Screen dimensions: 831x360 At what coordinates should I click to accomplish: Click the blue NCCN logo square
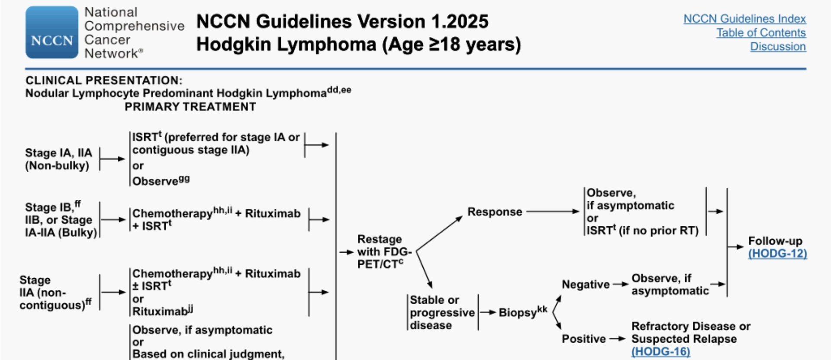point(52,32)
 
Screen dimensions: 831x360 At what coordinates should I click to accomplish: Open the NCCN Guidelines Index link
point(744,19)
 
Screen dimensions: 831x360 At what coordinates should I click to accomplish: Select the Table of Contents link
point(761,33)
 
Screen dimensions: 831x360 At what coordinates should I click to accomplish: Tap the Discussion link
point(778,47)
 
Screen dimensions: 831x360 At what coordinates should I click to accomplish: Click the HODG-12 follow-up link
point(777,254)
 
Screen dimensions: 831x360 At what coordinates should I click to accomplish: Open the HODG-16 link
point(660,351)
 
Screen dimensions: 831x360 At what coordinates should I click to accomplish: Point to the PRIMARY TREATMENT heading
point(190,107)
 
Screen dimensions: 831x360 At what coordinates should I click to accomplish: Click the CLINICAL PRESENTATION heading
point(104,80)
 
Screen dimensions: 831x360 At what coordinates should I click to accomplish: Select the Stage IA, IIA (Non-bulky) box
point(58,159)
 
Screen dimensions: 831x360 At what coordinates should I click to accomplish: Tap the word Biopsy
point(518,312)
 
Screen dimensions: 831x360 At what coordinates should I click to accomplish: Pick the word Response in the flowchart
point(495,212)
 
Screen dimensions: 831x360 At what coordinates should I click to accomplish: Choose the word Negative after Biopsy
point(586,285)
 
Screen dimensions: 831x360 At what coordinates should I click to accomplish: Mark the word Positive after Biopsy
point(583,339)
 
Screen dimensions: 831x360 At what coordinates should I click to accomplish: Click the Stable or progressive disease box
point(442,312)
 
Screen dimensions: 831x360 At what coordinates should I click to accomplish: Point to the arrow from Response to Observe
point(553,212)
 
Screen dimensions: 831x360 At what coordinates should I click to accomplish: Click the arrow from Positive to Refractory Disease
point(618,339)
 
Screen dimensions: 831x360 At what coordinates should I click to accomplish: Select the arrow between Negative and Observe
point(621,285)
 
